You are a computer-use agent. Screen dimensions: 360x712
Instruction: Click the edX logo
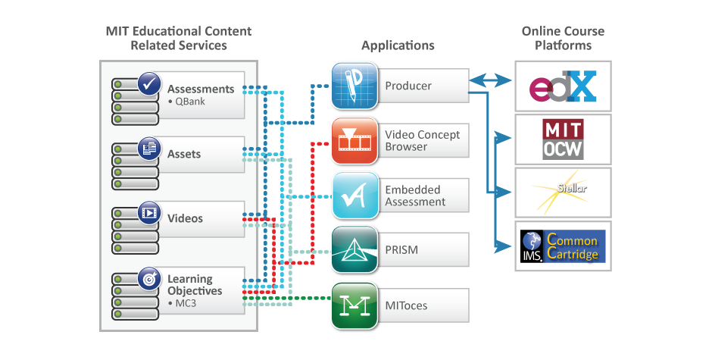point(563,86)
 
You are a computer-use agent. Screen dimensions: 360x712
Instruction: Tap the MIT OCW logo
point(563,139)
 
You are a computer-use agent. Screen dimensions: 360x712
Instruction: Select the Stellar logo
point(563,193)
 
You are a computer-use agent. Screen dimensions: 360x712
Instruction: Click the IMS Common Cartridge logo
point(563,246)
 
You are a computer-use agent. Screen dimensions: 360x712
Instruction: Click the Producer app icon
point(354,86)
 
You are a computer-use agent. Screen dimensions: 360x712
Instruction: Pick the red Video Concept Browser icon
point(354,141)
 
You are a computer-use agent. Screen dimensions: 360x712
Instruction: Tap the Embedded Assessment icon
point(354,196)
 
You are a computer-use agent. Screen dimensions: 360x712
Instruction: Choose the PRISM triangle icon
point(354,251)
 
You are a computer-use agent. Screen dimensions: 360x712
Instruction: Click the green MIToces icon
point(354,305)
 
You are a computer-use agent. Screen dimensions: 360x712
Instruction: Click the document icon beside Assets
point(148,149)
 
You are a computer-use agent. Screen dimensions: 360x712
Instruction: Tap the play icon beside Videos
point(148,213)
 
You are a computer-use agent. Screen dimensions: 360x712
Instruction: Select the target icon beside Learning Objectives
point(148,278)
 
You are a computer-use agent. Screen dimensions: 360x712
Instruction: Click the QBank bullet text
point(186,102)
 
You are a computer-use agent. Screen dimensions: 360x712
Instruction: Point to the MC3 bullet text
point(184,303)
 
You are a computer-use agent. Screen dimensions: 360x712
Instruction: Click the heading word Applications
point(398,45)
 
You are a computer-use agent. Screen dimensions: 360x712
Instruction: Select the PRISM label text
point(401,250)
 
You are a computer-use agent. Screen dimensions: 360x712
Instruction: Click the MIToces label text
point(406,305)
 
